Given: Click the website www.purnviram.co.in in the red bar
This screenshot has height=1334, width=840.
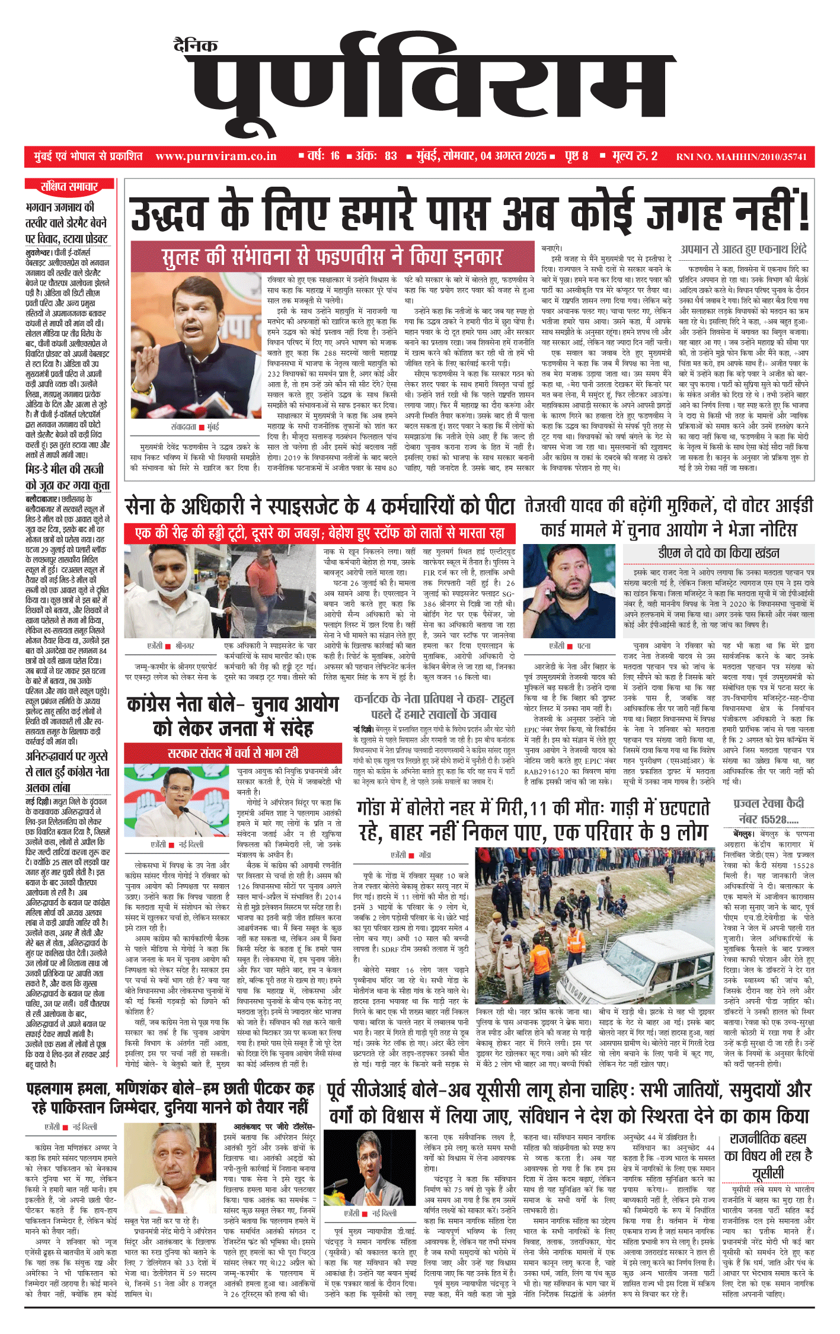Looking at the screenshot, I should click(216, 156).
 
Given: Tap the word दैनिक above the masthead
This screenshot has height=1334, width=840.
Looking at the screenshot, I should click(196, 45).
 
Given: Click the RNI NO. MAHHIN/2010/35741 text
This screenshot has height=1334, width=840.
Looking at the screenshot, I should click(742, 157).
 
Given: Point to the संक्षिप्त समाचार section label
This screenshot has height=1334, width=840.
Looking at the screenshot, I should click(69, 187).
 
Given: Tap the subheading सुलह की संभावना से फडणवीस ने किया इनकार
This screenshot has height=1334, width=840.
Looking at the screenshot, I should click(332, 257).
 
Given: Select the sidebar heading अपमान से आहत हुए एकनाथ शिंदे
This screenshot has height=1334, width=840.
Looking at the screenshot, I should click(743, 249).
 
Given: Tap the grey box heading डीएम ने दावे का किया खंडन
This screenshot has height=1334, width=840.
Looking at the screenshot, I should click(718, 553).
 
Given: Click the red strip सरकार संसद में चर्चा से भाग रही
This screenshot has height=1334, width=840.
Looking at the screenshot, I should click(233, 753).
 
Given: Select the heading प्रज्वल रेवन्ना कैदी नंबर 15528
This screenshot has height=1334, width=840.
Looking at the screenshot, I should click(768, 811).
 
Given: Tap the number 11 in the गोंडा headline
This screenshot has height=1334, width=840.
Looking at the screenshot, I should click(538, 808).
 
